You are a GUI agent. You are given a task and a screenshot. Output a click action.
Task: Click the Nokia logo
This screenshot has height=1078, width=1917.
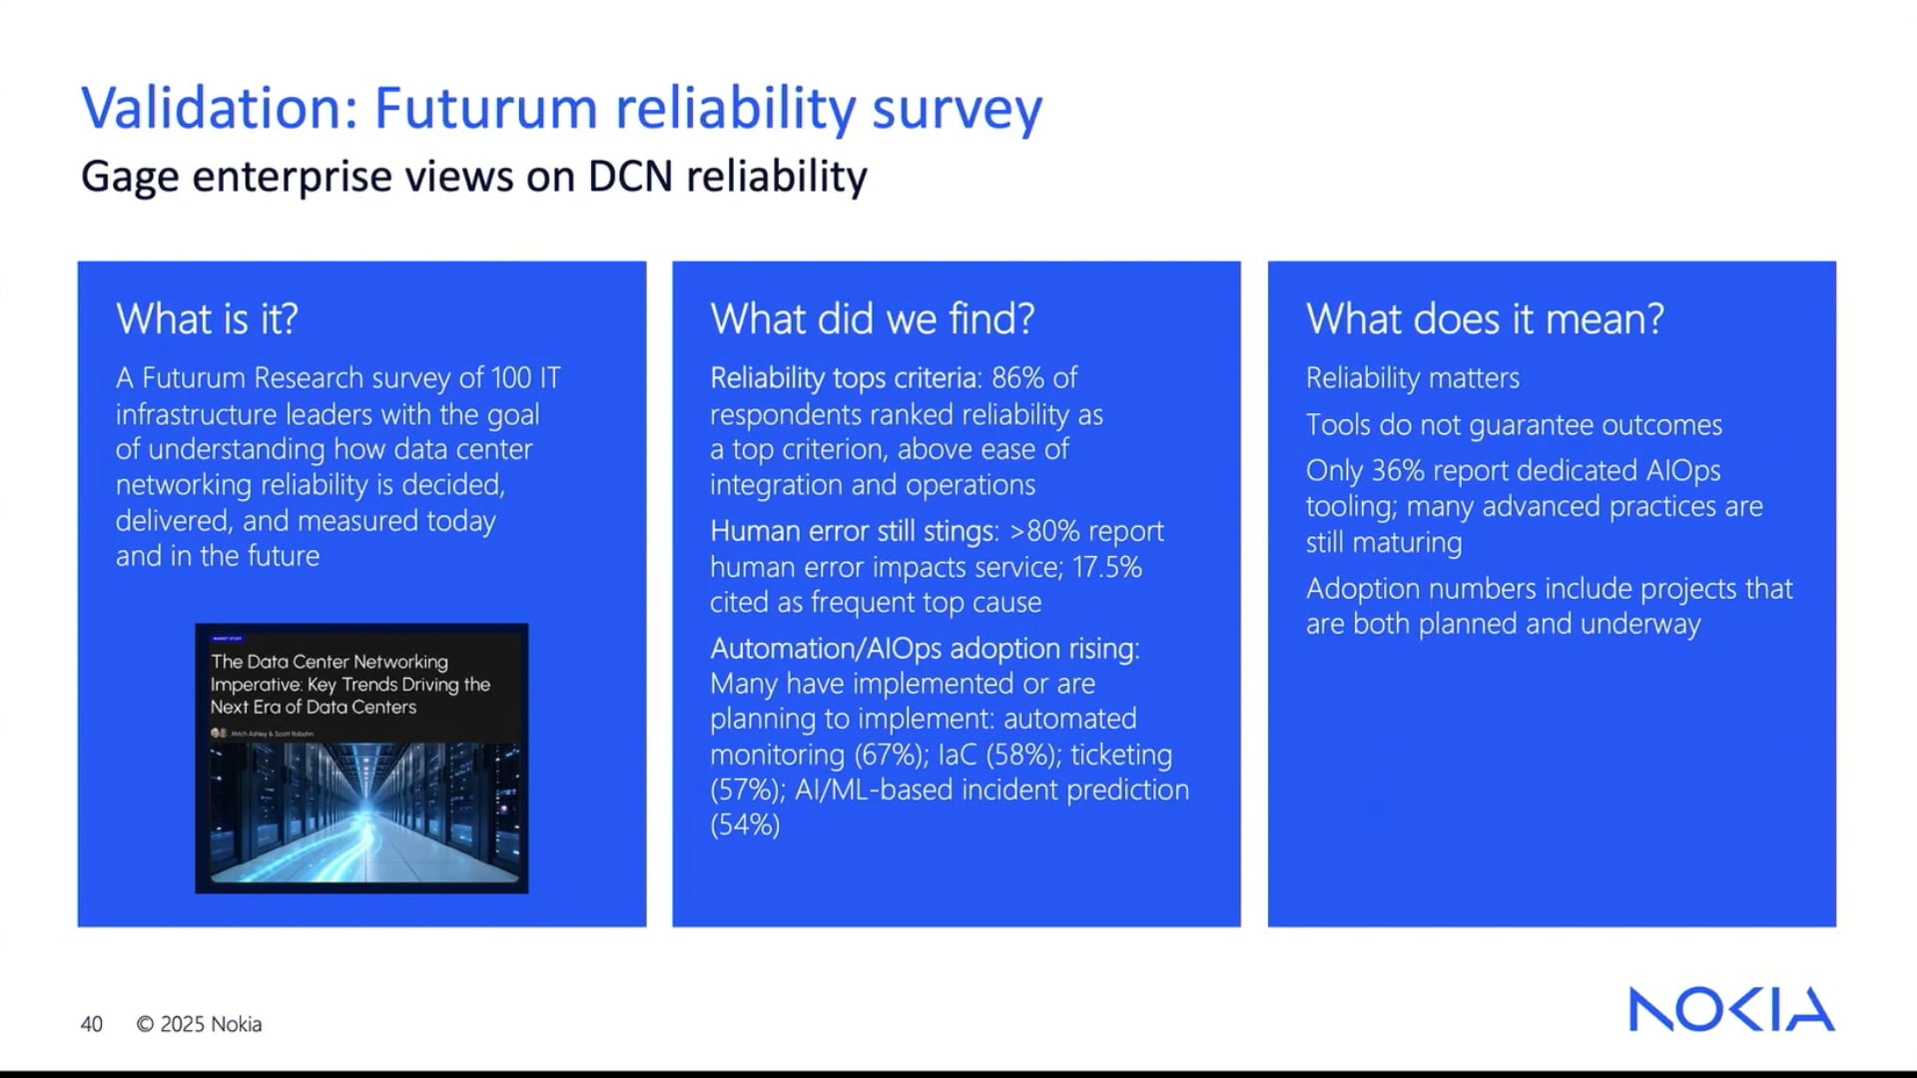[x=1730, y=1009]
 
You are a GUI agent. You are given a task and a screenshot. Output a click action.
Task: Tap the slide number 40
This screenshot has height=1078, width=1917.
[x=91, y=1024]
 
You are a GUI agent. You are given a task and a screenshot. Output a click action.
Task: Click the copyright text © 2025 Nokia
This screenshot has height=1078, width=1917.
[x=199, y=1024]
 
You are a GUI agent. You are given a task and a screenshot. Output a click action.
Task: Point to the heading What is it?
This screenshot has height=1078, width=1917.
[x=207, y=319]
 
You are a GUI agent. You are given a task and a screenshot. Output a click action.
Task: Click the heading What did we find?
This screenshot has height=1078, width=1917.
[x=872, y=319]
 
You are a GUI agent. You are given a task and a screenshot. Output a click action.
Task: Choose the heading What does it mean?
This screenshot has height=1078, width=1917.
[x=1484, y=319]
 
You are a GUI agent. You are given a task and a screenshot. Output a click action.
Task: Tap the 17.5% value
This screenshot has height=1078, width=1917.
[x=1106, y=567]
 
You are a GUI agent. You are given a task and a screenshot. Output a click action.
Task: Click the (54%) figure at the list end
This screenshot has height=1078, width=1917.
[x=745, y=825]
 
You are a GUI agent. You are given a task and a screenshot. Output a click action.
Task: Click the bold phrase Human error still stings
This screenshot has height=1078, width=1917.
[x=854, y=531]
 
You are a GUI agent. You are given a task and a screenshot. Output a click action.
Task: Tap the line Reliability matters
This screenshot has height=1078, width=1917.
[x=1412, y=378]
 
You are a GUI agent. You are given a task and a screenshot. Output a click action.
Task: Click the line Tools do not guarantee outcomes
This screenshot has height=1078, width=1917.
[x=1513, y=425]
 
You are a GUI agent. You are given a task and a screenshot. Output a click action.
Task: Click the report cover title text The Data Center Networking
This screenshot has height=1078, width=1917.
[x=328, y=662]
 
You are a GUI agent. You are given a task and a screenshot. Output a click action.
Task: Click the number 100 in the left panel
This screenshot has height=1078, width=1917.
[x=510, y=378]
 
